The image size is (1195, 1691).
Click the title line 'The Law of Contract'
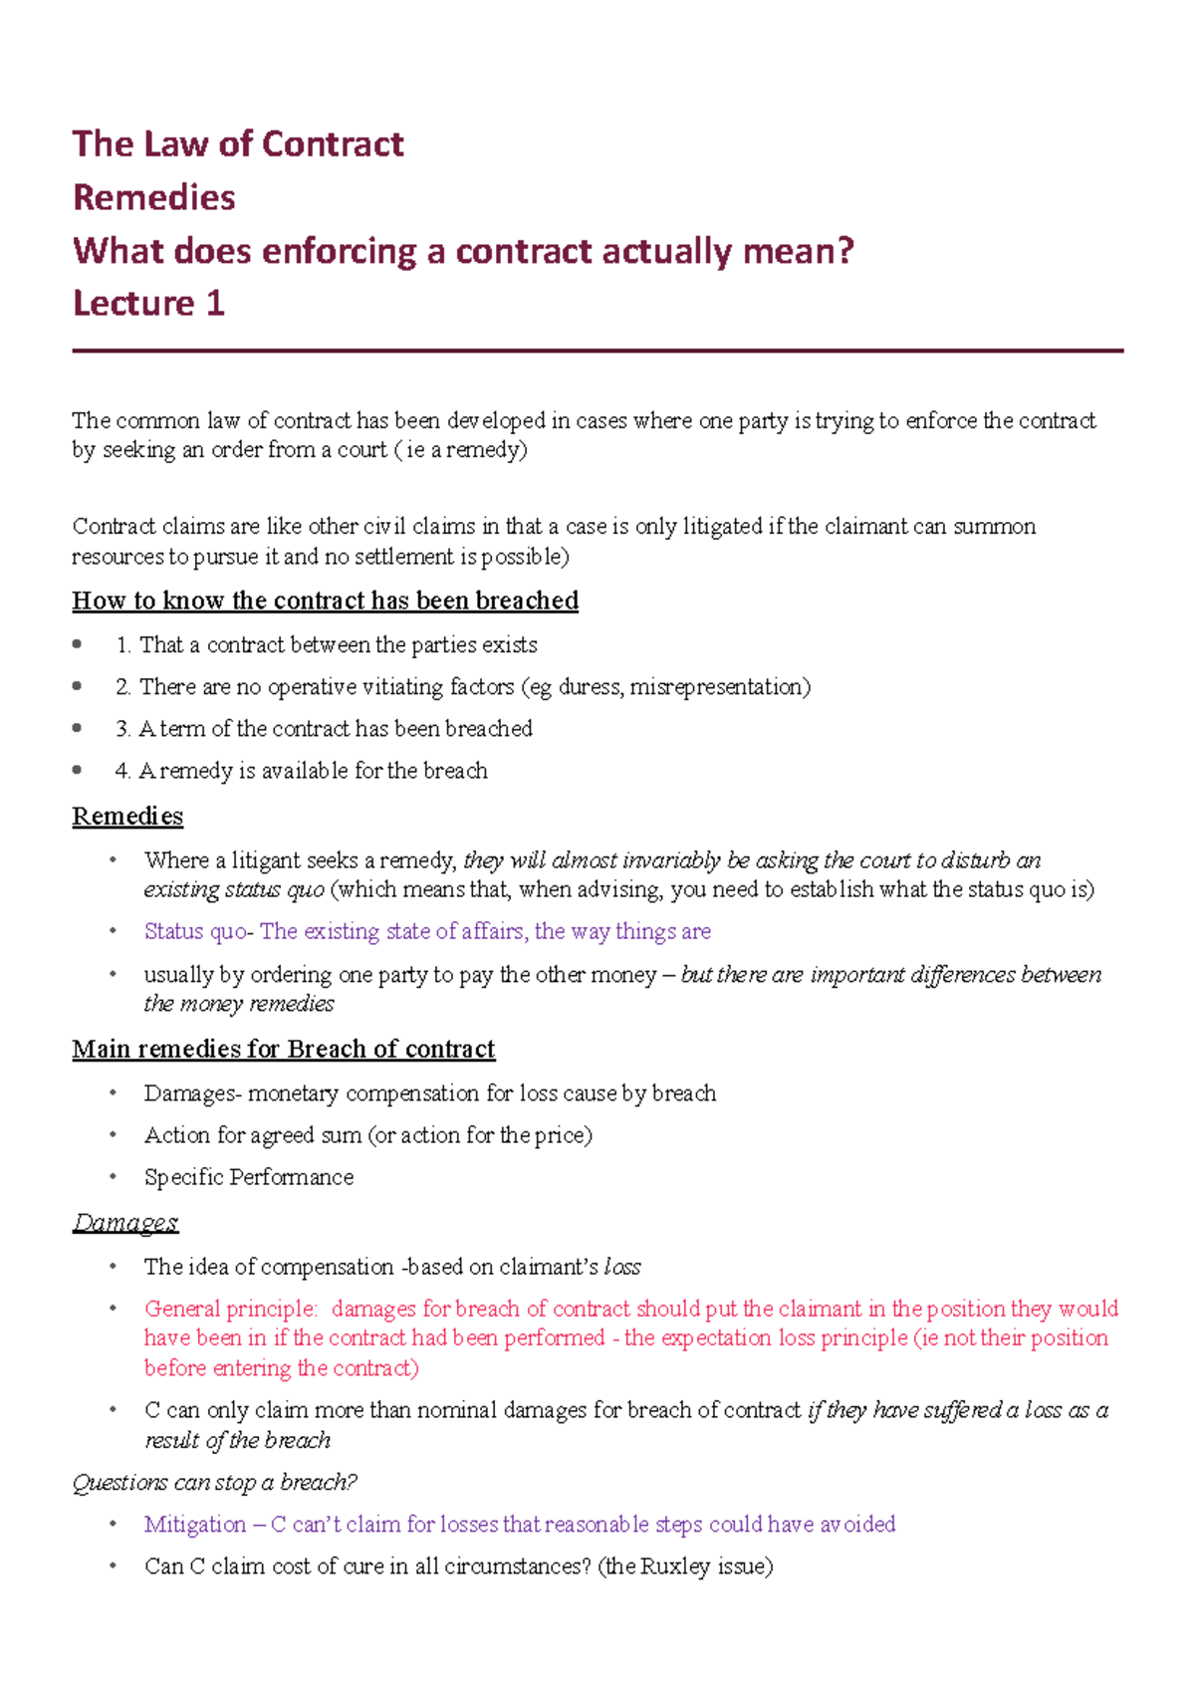(238, 144)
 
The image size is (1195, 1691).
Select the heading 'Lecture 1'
(149, 303)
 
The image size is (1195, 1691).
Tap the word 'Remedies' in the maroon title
(154, 197)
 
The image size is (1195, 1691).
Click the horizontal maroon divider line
(597, 351)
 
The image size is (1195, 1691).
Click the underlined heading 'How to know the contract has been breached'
(325, 601)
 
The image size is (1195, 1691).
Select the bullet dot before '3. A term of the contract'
(78, 728)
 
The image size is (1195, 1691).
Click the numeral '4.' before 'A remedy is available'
(123, 771)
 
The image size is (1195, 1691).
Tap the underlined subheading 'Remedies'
(127, 817)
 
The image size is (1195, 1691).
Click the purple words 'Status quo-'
(198, 932)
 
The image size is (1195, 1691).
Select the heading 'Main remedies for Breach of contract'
(283, 1050)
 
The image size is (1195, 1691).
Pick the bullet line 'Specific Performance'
(249, 1177)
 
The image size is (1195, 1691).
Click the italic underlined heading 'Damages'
(125, 1223)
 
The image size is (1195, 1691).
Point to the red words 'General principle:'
(231, 1309)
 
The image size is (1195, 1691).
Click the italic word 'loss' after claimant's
(622, 1267)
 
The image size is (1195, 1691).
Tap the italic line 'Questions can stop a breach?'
(215, 1483)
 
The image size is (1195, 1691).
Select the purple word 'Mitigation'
(195, 1525)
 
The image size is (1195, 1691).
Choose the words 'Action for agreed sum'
(253, 1135)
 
